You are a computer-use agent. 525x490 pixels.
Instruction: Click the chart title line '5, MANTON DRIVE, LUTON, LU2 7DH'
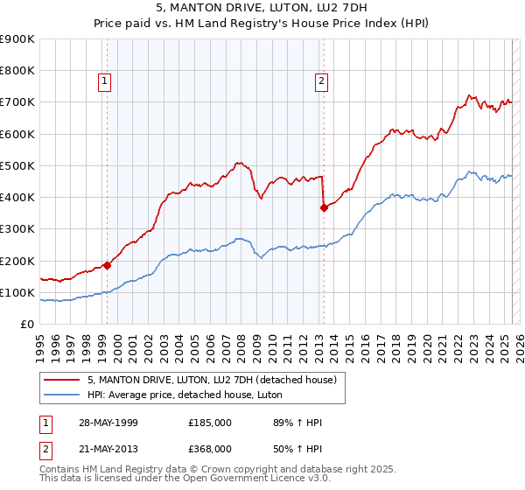262,8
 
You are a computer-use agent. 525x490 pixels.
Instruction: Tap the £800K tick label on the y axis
17,71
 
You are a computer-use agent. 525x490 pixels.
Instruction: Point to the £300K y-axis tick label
17,229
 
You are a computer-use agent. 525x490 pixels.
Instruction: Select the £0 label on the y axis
26,324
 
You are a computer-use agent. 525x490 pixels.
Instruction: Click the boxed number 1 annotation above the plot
104,82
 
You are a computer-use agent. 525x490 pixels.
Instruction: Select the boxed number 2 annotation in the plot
321,82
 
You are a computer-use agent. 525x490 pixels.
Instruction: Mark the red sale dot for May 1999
107,265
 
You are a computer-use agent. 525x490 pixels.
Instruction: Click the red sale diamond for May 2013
324,207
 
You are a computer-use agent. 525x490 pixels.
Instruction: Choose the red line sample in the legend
62,380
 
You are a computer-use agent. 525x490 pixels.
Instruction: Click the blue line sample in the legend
62,395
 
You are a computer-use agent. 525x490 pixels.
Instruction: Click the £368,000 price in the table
210,449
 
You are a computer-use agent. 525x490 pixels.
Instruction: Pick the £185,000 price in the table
210,423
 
